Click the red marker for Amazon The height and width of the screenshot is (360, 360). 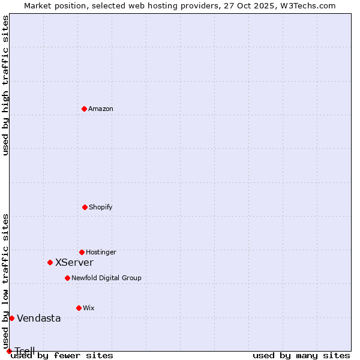pos(84,109)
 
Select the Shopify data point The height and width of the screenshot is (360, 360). pos(85,207)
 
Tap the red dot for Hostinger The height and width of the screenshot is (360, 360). pos(82,252)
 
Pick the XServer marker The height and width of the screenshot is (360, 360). pos(50,262)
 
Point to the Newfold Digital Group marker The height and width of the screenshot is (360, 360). pos(67,278)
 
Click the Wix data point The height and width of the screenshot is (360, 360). pos(79,308)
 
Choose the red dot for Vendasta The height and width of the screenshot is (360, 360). pos(11,318)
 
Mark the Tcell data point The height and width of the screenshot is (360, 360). pos(9,351)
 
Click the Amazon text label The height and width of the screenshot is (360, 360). pos(101,109)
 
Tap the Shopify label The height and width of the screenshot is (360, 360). pos(101,208)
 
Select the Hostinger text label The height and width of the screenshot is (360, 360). pos(101,253)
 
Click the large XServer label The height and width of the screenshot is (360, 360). pos(74,263)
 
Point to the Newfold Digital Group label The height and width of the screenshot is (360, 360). pos(106,278)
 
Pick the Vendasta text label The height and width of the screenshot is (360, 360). pos(39,319)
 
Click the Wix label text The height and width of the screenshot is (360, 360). pos(89,308)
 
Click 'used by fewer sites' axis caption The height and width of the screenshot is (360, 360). pos(62,356)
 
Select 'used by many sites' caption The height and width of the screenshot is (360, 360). pos(301,356)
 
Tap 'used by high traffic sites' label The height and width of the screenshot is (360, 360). pos(5,85)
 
